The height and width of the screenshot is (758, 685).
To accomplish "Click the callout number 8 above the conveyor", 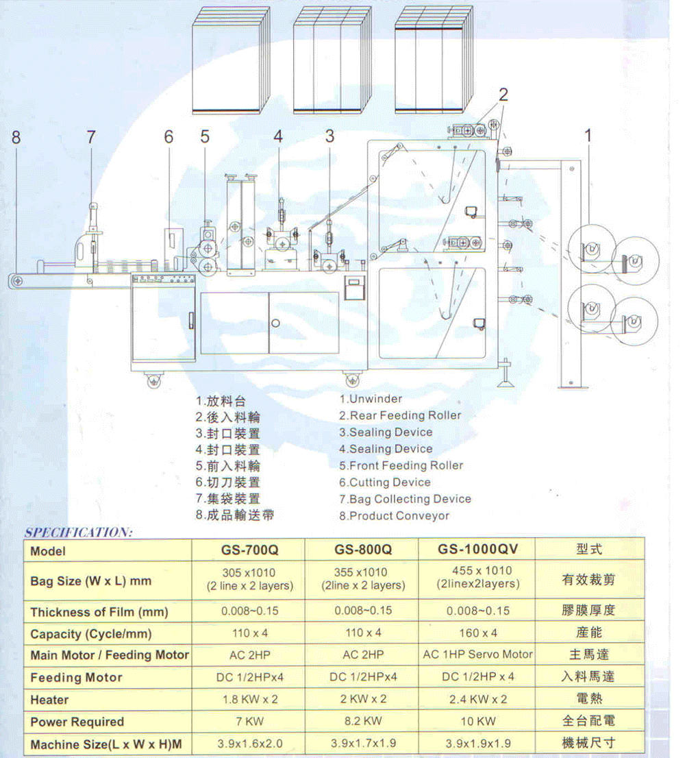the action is [16, 137].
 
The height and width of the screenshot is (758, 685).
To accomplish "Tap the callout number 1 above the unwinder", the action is [588, 136].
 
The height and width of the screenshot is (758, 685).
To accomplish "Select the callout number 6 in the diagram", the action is [168, 137].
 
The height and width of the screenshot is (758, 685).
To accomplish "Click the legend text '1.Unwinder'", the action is [371, 399].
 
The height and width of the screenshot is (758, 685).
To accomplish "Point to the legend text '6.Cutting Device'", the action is [384, 482].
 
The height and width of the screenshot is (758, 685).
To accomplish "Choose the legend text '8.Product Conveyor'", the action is [394, 516].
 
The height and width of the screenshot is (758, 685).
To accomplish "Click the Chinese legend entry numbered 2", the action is [228, 417].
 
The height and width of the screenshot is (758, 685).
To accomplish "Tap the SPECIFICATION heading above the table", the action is [78, 533].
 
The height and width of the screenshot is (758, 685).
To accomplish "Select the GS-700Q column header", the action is [250, 550].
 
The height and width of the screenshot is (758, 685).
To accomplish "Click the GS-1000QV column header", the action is [477, 549].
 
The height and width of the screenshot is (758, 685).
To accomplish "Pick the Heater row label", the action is [49, 700].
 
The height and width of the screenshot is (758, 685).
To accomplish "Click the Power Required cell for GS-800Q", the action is [363, 721].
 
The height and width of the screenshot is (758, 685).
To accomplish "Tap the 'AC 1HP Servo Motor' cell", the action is [477, 655].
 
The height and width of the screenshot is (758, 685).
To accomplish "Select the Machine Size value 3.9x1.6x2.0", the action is [250, 744].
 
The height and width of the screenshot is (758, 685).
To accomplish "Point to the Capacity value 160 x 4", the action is [477, 633].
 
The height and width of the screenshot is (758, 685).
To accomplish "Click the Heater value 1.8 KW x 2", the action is [250, 699].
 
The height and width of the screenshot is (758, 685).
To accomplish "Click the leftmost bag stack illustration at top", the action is [231, 60].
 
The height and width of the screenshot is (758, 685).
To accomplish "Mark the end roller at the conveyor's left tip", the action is [17, 281].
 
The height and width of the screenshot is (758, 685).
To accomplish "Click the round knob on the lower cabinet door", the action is [275, 323].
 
